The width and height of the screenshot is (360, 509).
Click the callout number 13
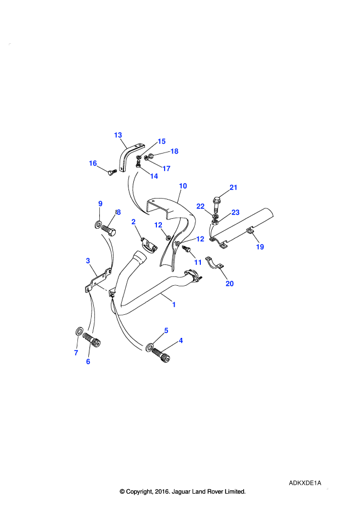[118, 135]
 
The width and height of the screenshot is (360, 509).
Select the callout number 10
[183, 186]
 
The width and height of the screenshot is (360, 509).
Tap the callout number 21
[233, 188]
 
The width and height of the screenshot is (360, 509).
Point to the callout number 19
[260, 247]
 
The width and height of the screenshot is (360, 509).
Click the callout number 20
[229, 284]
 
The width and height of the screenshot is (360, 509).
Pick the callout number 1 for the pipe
[174, 304]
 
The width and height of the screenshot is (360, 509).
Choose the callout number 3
[88, 261]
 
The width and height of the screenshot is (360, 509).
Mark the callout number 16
[93, 163]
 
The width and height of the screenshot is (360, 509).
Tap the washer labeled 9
[98, 224]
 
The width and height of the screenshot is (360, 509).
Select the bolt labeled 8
[109, 229]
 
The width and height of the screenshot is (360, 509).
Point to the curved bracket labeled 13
[126, 156]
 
